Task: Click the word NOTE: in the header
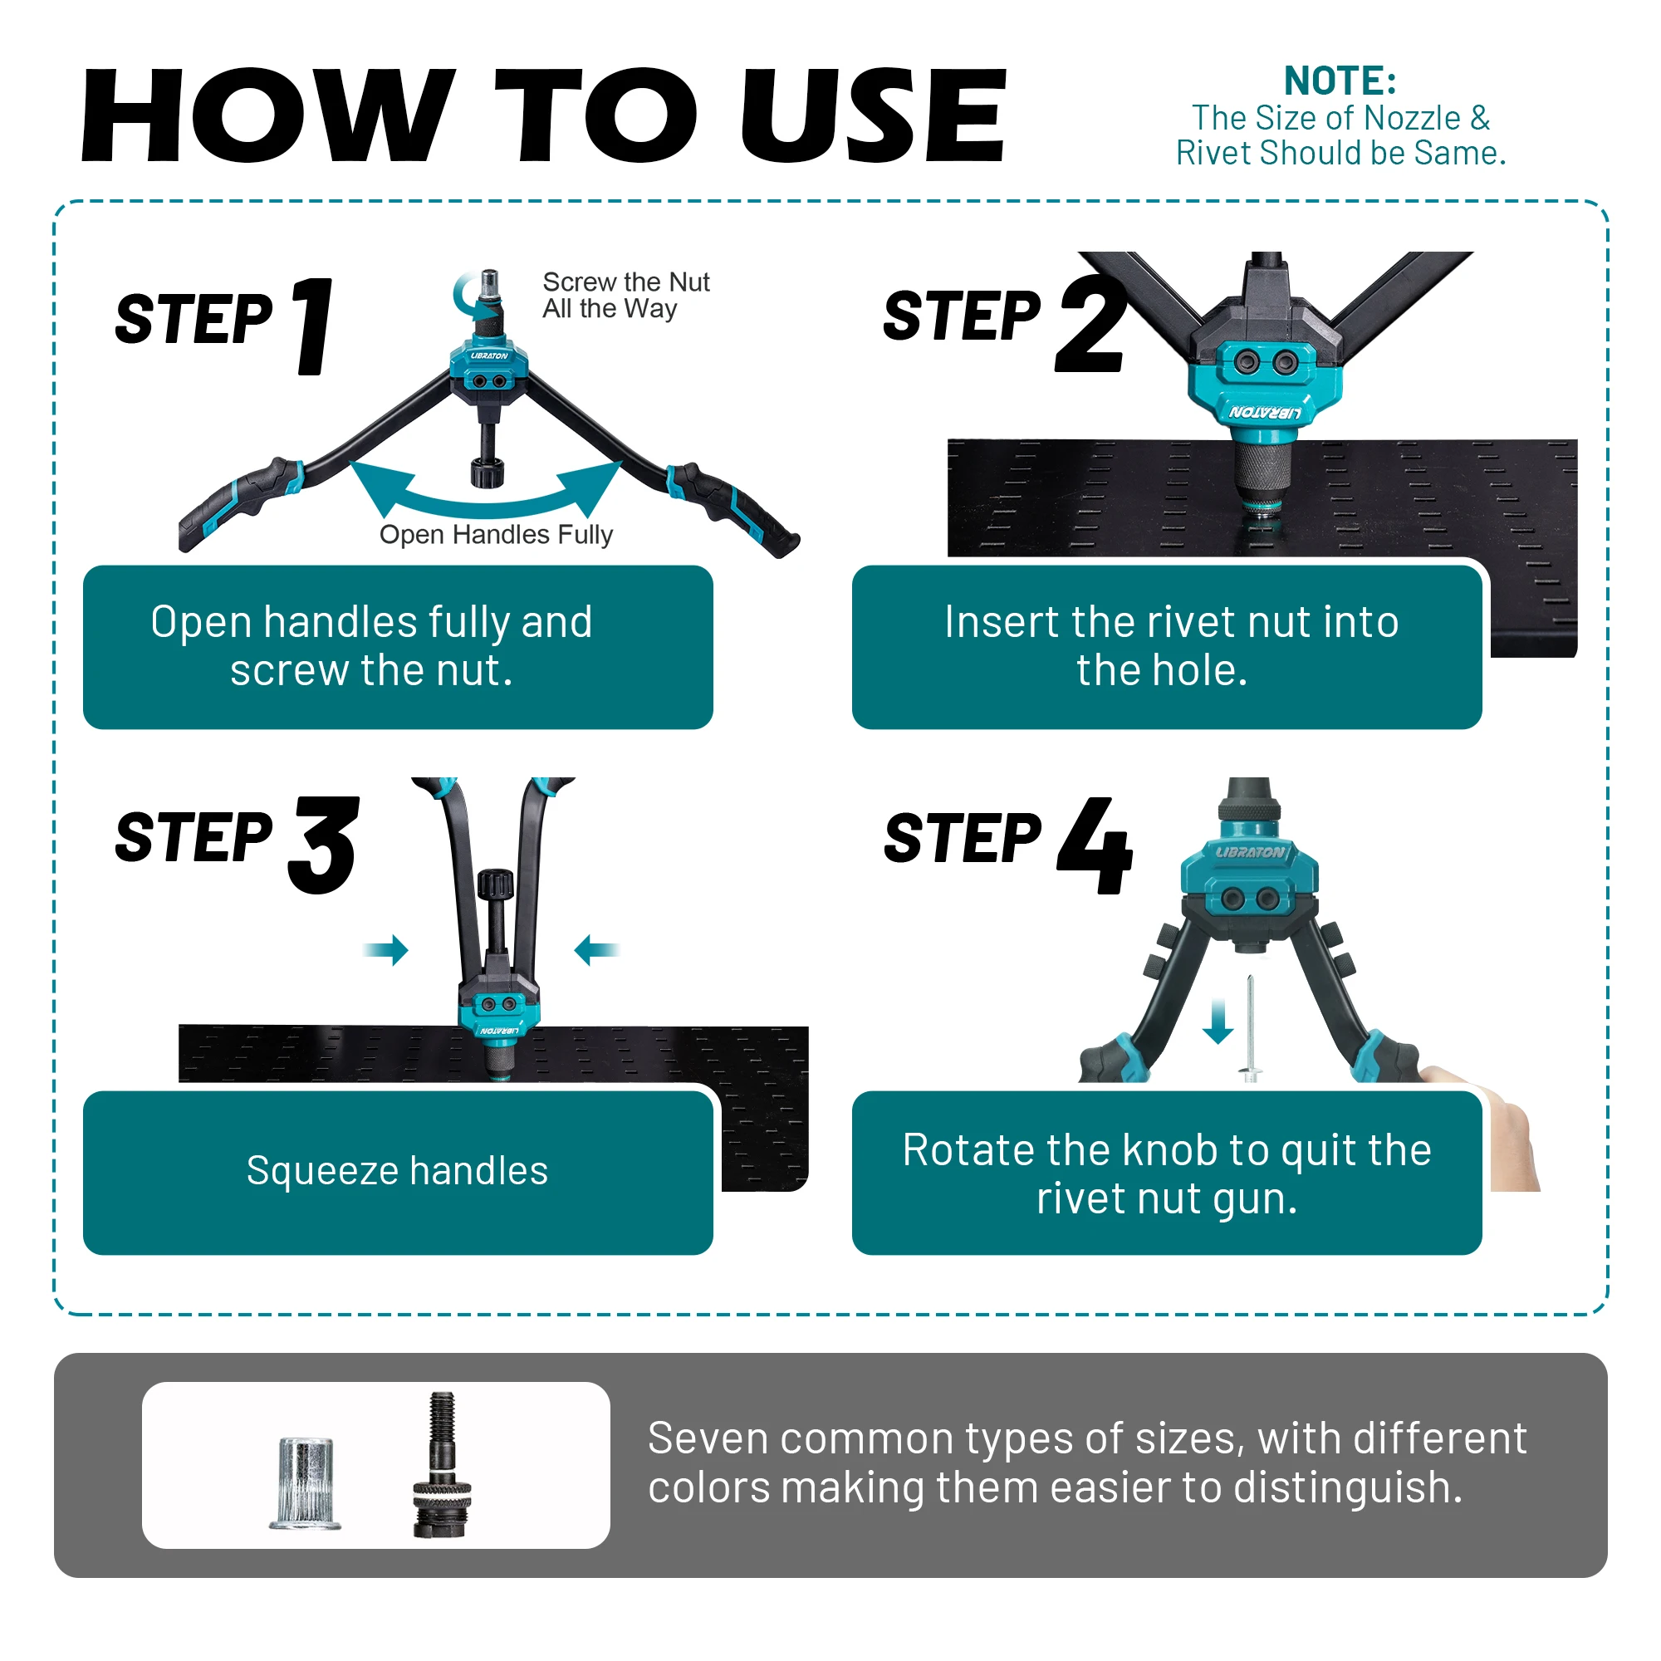click(x=1340, y=81)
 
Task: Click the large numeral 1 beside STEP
click(x=313, y=326)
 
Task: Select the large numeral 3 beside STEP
click(x=323, y=845)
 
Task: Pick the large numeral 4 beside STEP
click(x=1095, y=845)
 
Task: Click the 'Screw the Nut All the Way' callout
click(x=626, y=295)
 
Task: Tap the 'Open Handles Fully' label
click(x=496, y=535)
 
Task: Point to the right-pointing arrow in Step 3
click(x=385, y=950)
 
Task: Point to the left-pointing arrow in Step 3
click(x=596, y=950)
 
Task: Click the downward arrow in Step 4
click(x=1218, y=1022)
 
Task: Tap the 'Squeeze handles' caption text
click(x=397, y=1171)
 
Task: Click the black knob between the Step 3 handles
click(x=496, y=883)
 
